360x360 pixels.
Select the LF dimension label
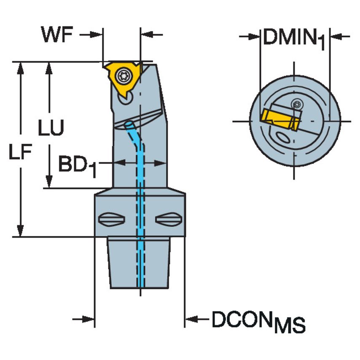click(20, 154)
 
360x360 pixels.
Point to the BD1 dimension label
click(77, 165)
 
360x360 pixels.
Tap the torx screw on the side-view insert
click(124, 76)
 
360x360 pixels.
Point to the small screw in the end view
click(298, 104)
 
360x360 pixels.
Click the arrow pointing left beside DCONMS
click(191, 320)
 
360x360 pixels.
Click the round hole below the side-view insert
click(125, 99)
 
